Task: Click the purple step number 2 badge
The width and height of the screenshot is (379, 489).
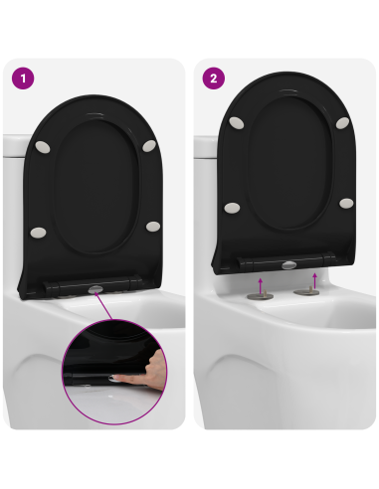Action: click(212, 78)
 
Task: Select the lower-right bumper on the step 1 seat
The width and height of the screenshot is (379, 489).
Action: click(152, 227)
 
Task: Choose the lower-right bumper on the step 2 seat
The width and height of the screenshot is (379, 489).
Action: click(345, 203)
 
